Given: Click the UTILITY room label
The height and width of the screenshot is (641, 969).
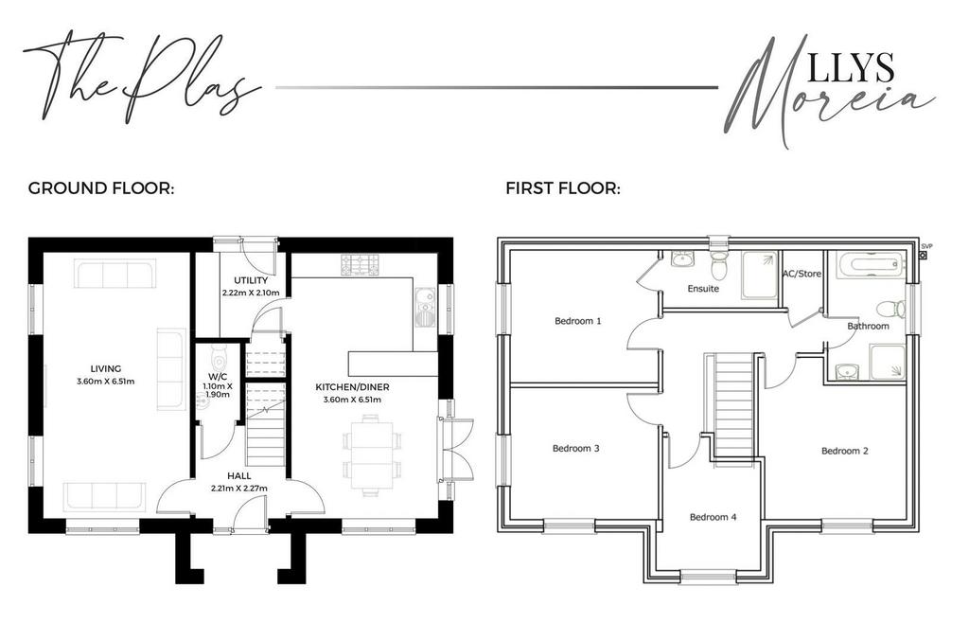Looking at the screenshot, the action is tap(251, 280).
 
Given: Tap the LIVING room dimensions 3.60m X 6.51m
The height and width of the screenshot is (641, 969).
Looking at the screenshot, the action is tap(106, 382).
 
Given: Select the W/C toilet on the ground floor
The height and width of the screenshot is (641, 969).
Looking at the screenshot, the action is tap(219, 357).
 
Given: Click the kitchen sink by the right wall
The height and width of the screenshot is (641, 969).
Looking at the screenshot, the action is tap(425, 307).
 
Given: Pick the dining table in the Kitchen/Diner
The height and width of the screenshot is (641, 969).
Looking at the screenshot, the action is tap(371, 454).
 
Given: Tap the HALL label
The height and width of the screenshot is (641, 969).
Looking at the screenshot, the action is tap(239, 476).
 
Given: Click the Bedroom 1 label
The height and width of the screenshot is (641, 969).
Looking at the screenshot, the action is tap(578, 321).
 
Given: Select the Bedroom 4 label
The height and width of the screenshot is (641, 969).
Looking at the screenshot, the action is tap(714, 517).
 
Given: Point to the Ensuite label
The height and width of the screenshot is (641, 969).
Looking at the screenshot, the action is tap(703, 289).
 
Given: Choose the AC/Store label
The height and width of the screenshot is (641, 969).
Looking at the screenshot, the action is tap(802, 274).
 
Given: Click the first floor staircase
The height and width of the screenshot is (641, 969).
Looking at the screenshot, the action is tap(733, 404).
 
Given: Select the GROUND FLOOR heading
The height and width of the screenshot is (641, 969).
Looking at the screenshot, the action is tap(101, 187).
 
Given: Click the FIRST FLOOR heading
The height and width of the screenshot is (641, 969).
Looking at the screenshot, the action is tap(563, 187).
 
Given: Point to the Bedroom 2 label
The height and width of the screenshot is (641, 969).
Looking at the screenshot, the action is tap(845, 451).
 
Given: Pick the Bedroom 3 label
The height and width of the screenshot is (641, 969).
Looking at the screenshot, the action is tap(576, 448).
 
